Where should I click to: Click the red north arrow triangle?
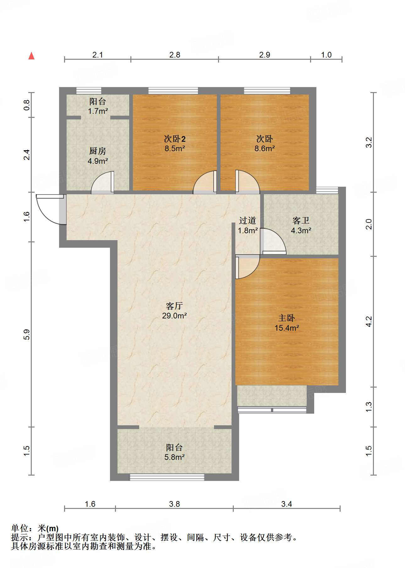[31, 56]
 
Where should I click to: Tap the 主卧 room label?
[286, 318]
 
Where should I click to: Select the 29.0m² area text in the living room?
[174, 316]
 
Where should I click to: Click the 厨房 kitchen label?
[97, 151]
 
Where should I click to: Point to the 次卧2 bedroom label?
[175, 139]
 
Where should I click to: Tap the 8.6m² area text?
[265, 148]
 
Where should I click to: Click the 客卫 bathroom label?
[301, 221]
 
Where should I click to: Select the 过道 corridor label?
[248, 221]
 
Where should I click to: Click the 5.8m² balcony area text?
[174, 457]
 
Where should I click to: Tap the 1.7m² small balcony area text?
[98, 111]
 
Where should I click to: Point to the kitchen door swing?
[102, 182]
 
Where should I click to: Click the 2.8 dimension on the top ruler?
[175, 55]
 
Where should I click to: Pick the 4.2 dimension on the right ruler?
[369, 321]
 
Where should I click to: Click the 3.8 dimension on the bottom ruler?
[174, 504]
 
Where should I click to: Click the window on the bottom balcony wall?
[167, 477]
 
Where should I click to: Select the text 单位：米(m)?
[35, 528]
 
